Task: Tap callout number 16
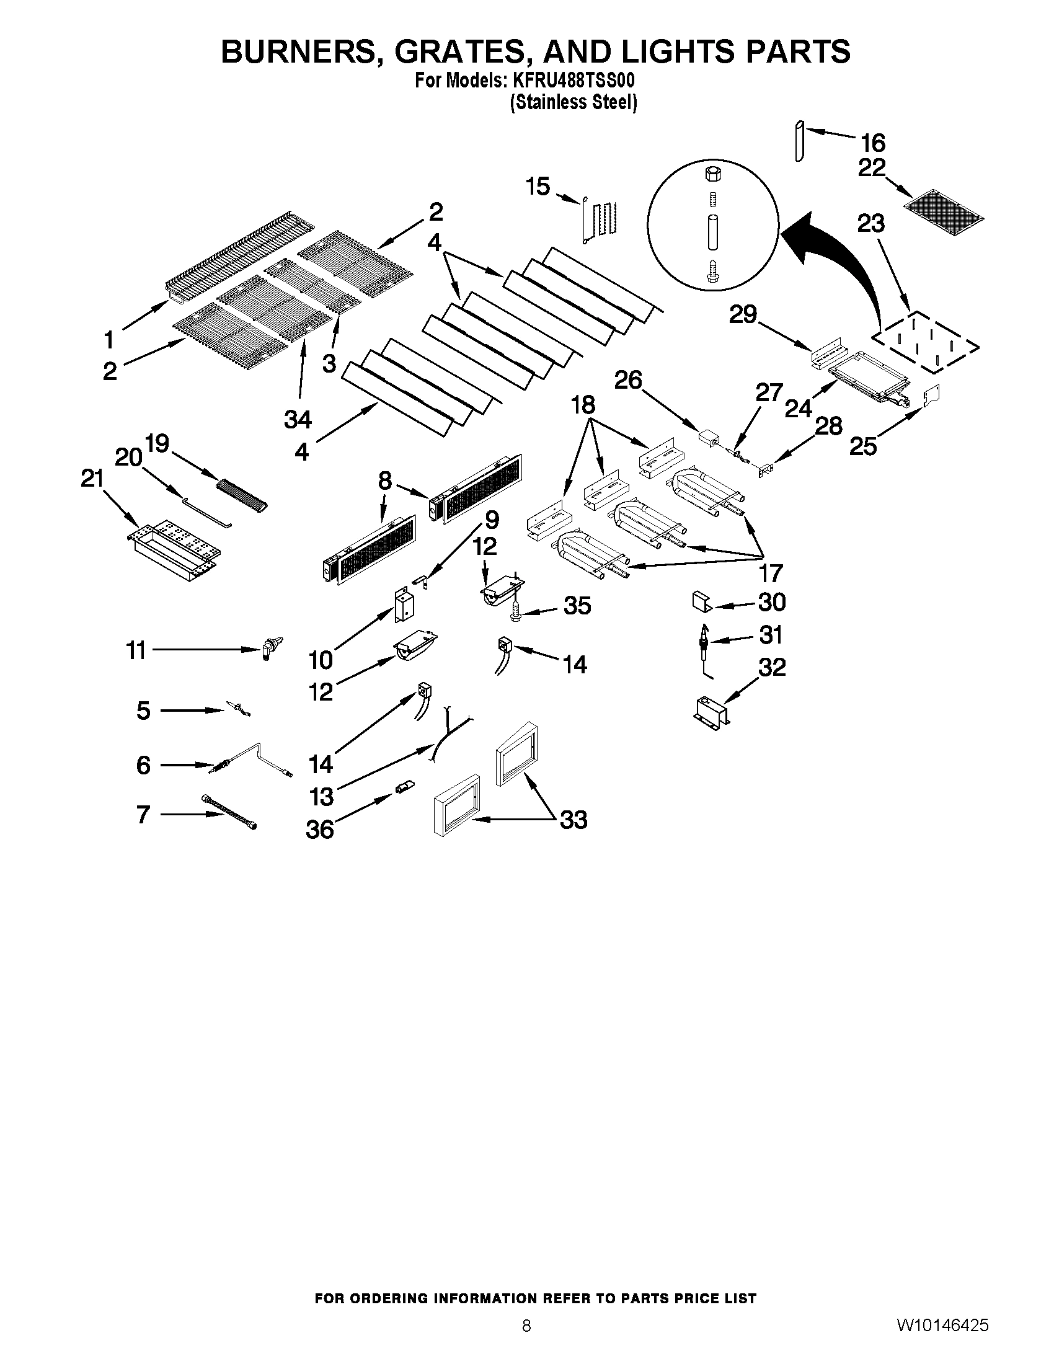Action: [872, 143]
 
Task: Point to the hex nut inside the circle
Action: [712, 174]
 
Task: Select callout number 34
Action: [298, 420]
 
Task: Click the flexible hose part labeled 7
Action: [229, 812]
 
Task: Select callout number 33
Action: [573, 819]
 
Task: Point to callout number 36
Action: [320, 830]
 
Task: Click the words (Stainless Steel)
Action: [573, 102]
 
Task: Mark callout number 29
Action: [743, 314]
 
